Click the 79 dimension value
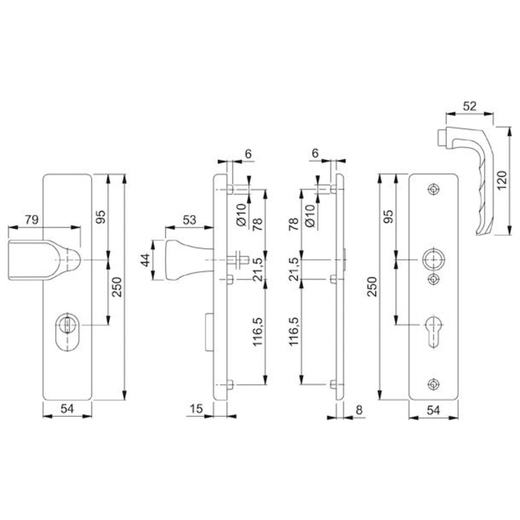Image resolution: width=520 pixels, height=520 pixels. [32, 219]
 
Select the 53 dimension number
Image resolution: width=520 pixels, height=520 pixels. [189, 219]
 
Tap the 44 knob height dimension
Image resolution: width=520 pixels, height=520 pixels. [145, 261]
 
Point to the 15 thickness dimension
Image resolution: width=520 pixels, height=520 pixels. [196, 409]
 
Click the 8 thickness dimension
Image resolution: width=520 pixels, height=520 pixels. [359, 410]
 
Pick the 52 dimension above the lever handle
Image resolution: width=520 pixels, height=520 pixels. [470, 106]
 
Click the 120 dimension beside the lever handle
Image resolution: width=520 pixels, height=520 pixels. [502, 180]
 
